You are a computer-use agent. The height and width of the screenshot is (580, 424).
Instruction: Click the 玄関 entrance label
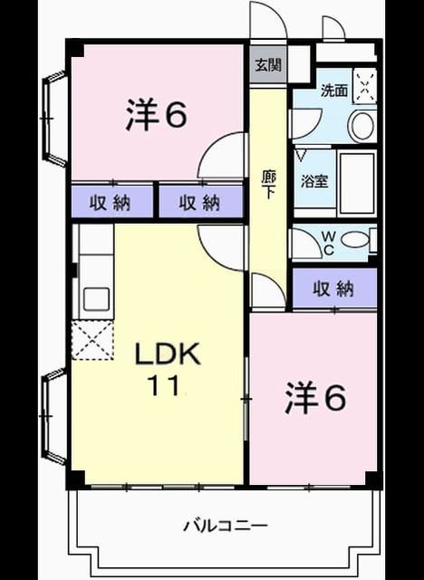268,65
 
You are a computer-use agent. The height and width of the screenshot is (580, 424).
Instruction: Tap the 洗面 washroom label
333,91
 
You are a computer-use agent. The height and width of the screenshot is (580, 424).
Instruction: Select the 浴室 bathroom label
314,181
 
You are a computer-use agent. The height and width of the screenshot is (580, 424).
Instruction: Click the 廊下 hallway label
268,184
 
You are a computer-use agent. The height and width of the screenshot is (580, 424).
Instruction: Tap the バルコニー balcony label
226,526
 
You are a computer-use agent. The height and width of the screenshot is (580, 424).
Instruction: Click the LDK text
168,354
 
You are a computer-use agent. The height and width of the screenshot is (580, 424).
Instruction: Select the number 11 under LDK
164,385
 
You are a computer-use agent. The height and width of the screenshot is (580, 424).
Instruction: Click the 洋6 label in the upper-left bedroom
156,113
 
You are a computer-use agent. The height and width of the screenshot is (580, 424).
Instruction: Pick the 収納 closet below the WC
333,288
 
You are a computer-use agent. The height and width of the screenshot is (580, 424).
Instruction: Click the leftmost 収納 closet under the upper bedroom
112,202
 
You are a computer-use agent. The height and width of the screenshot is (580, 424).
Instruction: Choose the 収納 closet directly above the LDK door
201,202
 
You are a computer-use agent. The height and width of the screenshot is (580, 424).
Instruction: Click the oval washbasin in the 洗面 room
361,126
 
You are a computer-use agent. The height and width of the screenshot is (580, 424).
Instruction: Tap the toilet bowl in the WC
354,239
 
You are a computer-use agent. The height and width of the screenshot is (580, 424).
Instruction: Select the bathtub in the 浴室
357,183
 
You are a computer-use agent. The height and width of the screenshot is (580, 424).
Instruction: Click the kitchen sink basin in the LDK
96,299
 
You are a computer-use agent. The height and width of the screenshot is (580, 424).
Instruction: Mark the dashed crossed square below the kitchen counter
92,340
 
